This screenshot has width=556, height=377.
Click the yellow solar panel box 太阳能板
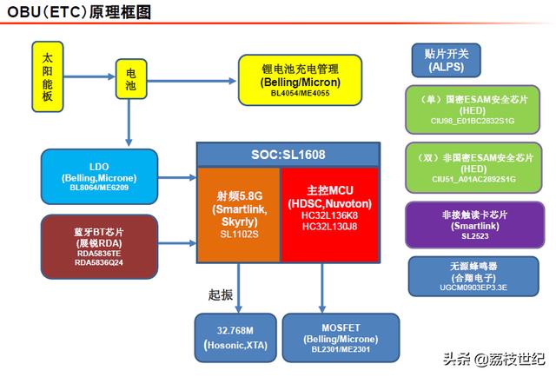[x=47, y=81]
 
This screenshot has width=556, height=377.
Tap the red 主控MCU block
[x=329, y=212]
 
